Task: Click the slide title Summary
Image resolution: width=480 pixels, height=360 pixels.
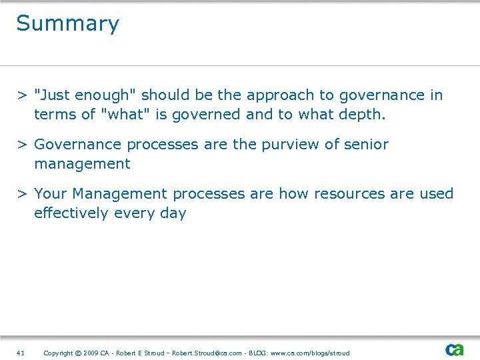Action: (x=67, y=24)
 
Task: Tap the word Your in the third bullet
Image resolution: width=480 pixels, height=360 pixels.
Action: (x=51, y=194)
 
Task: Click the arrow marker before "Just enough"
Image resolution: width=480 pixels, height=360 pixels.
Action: (x=22, y=95)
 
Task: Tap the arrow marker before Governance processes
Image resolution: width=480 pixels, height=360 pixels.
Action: (x=22, y=145)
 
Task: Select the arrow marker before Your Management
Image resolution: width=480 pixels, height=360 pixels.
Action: (x=22, y=194)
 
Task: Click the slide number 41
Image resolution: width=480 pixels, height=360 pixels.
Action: (x=20, y=353)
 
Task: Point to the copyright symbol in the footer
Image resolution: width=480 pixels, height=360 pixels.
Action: (x=77, y=353)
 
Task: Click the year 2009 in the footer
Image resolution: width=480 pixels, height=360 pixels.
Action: (x=91, y=353)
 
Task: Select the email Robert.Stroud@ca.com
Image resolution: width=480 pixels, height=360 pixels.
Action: (x=207, y=353)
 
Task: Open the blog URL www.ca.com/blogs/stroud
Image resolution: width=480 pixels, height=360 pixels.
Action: (x=309, y=353)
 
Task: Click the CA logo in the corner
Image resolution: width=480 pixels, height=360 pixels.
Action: (x=455, y=350)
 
